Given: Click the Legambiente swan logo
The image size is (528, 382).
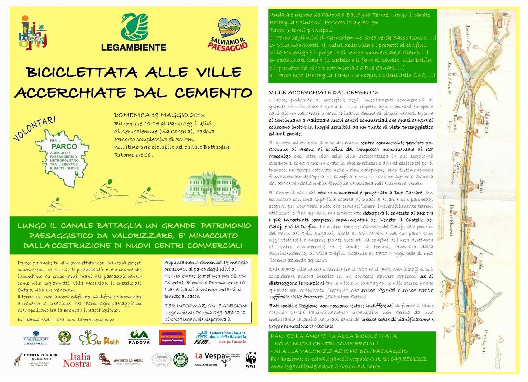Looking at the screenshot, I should pyautogui.click(x=134, y=27).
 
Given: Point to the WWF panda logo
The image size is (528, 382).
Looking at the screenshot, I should pyautogui.click(x=251, y=360).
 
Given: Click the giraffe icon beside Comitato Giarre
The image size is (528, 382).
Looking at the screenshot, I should pyautogui.click(x=18, y=360).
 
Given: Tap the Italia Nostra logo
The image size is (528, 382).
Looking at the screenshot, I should pyautogui.click(x=77, y=360).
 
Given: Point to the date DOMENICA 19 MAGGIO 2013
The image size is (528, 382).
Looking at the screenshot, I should pyautogui.click(x=159, y=115).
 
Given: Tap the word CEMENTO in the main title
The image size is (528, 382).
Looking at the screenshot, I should pyautogui.click(x=213, y=93).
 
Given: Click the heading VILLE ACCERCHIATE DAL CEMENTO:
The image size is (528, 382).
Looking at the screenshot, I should pyautogui.click(x=323, y=92).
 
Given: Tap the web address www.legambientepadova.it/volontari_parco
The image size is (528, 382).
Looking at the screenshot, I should pyautogui.click(x=325, y=366).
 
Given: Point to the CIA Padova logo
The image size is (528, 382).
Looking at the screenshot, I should pyautogui.click(x=139, y=337).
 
